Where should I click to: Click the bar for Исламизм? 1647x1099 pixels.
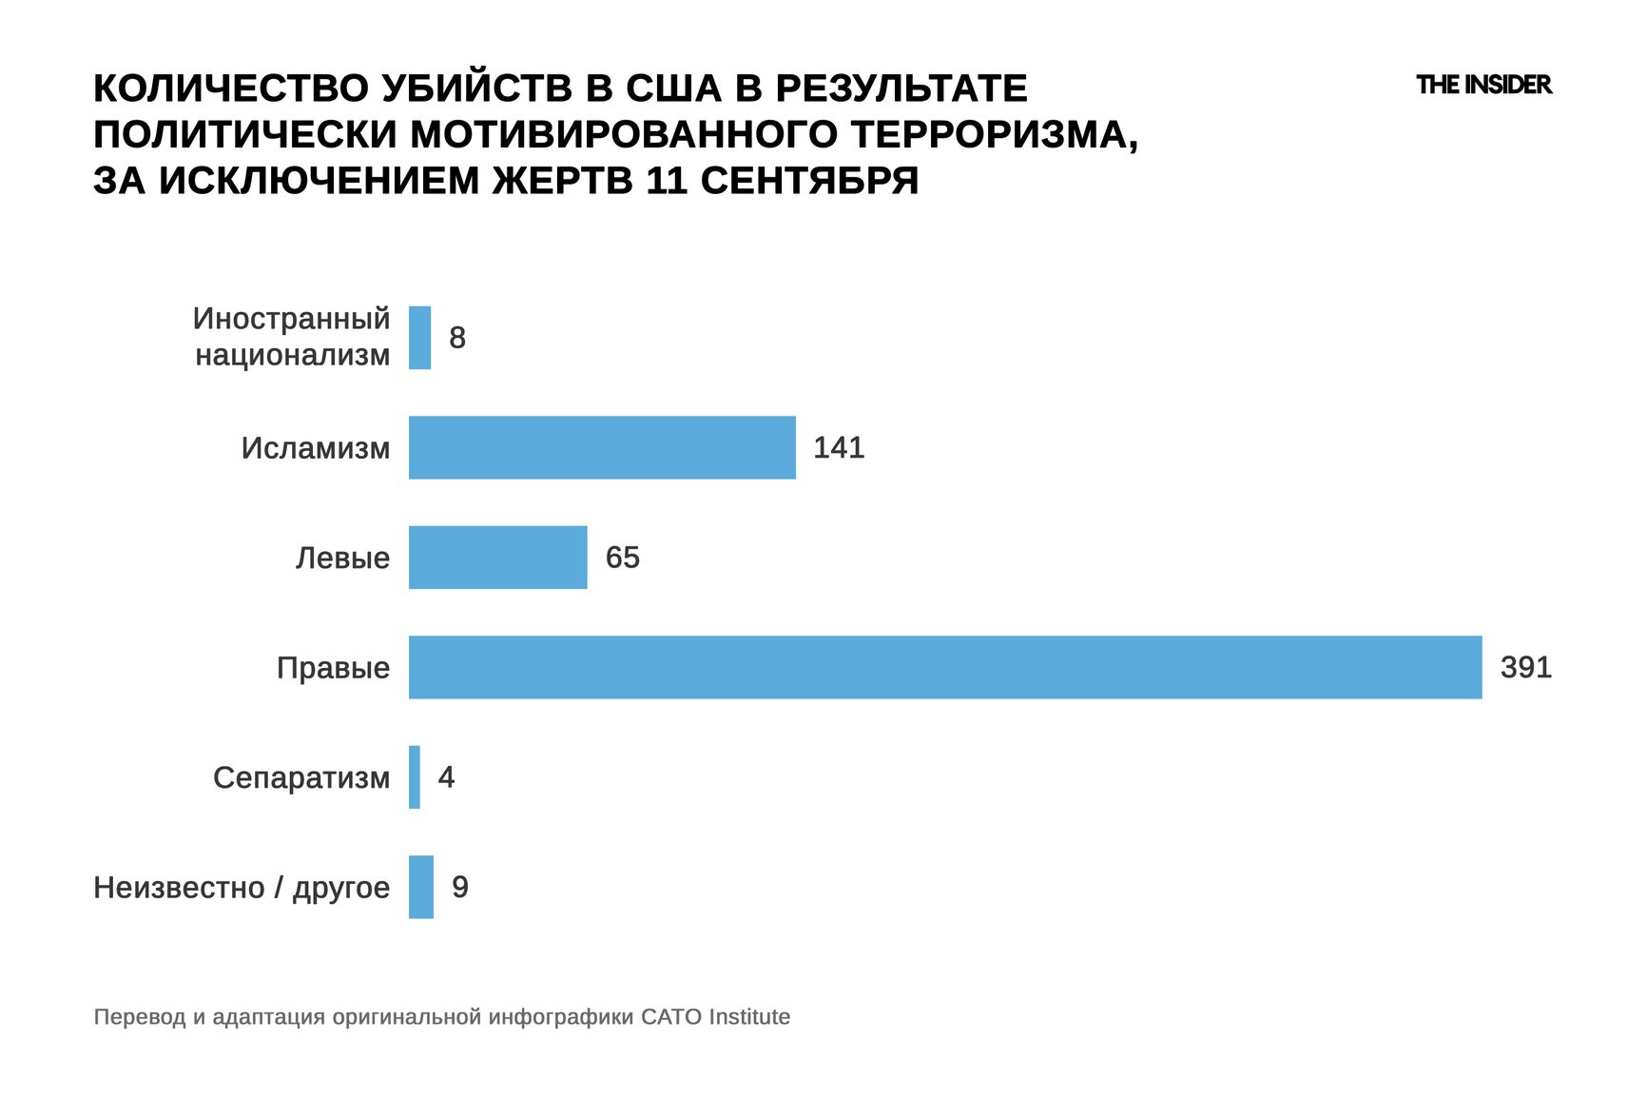pos(602,447)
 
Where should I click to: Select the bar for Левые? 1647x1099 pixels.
pos(497,558)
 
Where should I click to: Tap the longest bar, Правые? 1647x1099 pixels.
pos(945,667)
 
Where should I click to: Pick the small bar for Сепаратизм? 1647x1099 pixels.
pos(415,777)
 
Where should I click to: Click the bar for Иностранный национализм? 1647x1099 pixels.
pos(419,338)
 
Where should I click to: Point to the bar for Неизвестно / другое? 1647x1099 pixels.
pos(421,887)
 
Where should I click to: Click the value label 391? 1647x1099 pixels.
pos(1525,667)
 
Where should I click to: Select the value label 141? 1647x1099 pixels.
pos(839,447)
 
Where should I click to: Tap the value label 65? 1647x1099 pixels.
pos(623,558)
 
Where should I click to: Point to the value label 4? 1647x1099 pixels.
pos(446,777)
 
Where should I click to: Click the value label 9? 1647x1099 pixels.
pos(460,887)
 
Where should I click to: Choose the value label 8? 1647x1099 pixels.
pos(457,338)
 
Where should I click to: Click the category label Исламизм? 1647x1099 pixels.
pos(316,448)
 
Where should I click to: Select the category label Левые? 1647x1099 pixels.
pos(342,559)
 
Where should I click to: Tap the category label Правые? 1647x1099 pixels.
pos(333,668)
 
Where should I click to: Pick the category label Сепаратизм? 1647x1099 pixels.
pos(301,778)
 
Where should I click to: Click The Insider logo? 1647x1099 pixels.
pos(1483,85)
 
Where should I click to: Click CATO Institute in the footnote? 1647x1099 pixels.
pos(715,1017)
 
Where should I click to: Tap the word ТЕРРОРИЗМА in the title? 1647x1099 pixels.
pos(994,134)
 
